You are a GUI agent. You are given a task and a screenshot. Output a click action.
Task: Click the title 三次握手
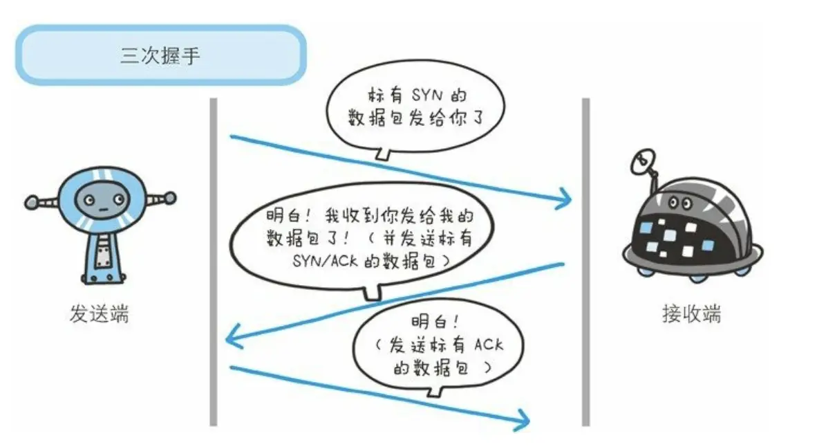click(x=160, y=55)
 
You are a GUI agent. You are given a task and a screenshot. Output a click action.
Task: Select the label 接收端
click(x=691, y=314)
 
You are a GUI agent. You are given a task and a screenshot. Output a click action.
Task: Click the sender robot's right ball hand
click(x=168, y=199)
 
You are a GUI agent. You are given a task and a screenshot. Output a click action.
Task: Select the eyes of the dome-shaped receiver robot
click(x=680, y=202)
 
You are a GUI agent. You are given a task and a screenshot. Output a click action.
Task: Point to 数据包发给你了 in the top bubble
click(x=415, y=119)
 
